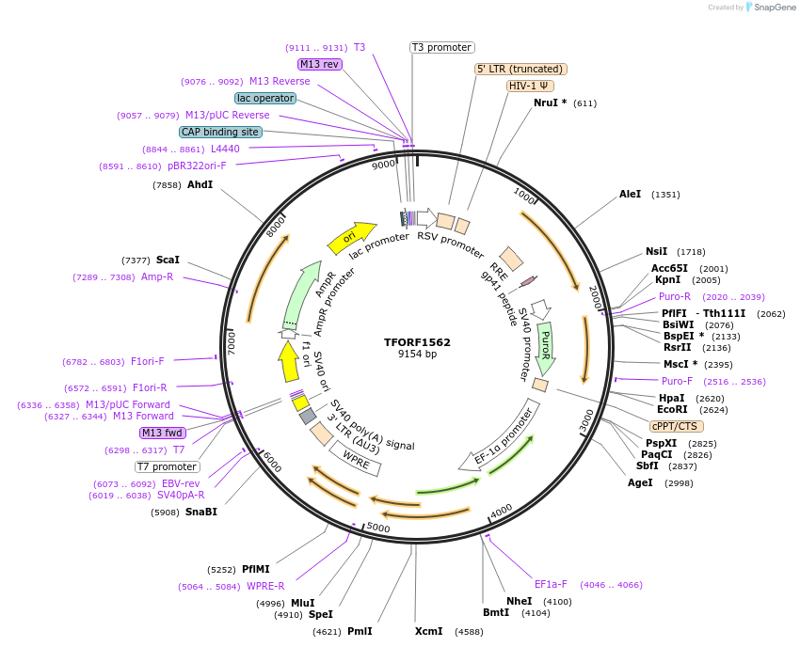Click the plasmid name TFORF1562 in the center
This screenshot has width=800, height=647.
point(417,342)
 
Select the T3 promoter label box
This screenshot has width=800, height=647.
point(442,47)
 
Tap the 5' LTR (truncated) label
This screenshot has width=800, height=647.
point(520,69)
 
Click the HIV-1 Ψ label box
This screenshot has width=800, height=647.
point(530,86)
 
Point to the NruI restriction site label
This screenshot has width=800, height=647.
point(550,103)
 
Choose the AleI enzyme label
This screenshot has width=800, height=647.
point(630,194)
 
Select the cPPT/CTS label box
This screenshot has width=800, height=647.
point(674,425)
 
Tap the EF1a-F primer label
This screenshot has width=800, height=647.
point(551,584)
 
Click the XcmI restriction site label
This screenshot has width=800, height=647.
point(429,631)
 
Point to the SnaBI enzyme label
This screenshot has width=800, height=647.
point(201,513)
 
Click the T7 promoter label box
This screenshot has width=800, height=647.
point(168,466)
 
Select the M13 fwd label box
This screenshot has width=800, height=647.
point(162,433)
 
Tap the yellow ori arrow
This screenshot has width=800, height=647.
point(350,238)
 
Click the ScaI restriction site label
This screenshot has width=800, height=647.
point(168,260)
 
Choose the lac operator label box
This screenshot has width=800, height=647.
point(265,98)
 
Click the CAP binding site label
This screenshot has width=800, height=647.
point(220,133)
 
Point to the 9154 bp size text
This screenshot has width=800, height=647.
point(417,355)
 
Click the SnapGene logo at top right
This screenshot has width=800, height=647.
point(770,8)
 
